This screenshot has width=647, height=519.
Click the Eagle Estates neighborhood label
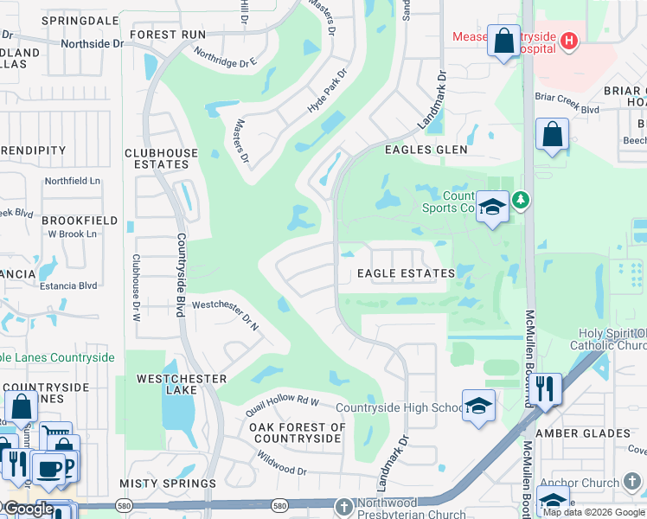coord(407,273)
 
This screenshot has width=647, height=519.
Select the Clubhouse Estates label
coord(162,158)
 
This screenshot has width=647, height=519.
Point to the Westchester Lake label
coord(182,385)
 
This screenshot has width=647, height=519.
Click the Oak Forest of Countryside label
coord(297,432)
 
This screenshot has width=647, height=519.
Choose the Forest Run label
coord(168,35)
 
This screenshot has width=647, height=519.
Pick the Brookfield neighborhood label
coord(80,221)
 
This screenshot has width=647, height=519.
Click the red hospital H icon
coord(568,40)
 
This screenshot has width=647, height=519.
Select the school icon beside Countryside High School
coord(478,405)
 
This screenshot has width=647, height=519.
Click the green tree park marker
coord(520,201)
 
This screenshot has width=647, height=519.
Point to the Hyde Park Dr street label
coord(326,90)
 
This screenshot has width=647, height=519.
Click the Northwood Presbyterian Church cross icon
coord(343,506)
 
